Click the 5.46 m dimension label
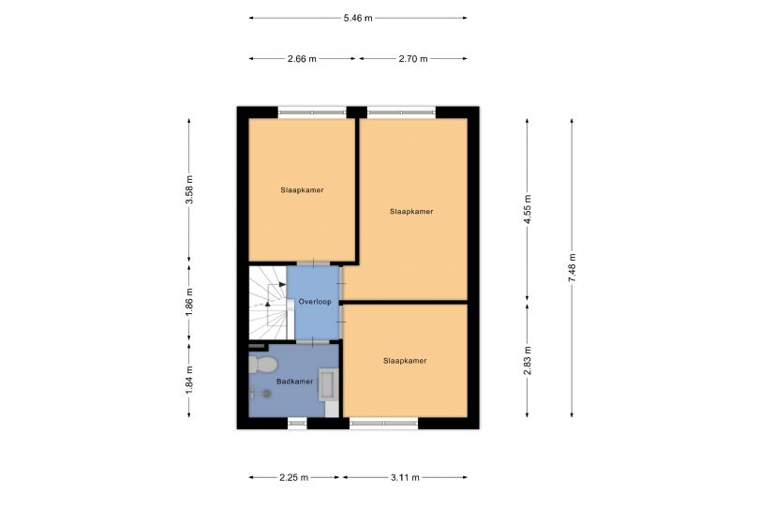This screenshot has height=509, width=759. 358,19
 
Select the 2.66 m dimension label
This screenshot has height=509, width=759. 302,59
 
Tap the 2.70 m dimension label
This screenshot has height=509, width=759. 413,59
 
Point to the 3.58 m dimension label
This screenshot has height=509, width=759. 189,189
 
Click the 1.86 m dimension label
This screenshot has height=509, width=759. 189,302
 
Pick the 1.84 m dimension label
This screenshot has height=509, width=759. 189,380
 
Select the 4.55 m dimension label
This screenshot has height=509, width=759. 528,209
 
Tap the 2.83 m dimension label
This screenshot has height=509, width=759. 528,360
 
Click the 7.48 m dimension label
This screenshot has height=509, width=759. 573,268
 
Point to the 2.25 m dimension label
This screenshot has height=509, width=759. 294,477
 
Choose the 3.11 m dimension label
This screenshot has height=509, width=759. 405,477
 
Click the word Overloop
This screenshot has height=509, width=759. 315,302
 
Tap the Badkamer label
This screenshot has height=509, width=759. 295,382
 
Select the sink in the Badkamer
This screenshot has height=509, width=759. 328,384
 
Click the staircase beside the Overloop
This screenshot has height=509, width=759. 268,303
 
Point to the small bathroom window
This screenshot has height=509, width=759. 297,424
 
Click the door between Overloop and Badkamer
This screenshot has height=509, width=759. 313,342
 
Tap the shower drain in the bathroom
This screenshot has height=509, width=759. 266,394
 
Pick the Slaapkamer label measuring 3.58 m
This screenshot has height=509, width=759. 302,190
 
